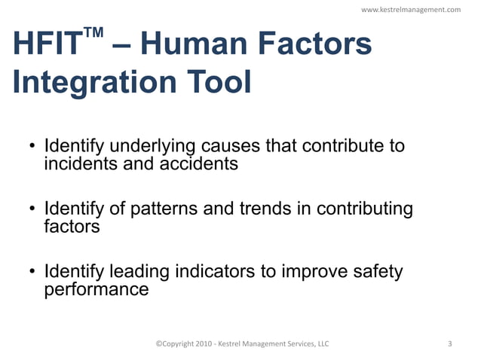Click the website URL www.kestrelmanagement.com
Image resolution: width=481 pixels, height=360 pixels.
click(x=411, y=10)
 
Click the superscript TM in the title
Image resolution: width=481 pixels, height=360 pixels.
click(x=93, y=35)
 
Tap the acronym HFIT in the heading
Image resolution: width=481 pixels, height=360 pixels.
click(x=47, y=46)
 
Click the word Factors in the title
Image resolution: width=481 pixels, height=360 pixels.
click(x=316, y=46)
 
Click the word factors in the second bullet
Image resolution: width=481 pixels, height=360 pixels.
click(x=72, y=225)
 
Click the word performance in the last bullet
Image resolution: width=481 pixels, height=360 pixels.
click(x=97, y=288)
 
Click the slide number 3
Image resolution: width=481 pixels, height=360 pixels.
click(x=450, y=344)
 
